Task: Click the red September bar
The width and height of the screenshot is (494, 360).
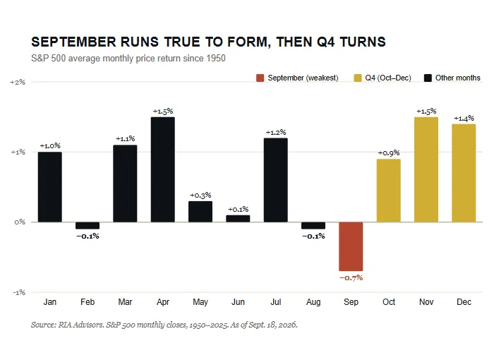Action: (351, 246)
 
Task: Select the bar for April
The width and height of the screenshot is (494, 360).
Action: (162, 169)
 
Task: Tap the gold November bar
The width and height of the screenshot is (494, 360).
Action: (426, 169)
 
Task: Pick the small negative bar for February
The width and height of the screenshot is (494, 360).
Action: (88, 225)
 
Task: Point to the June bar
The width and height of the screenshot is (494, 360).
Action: (238, 218)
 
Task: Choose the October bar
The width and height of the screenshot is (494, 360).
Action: (388, 191)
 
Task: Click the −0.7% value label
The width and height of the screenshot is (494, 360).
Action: (351, 277)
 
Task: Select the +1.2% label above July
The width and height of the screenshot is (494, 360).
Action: (276, 132)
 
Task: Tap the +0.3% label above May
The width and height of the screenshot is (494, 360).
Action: (200, 195)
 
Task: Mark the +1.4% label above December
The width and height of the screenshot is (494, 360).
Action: (464, 118)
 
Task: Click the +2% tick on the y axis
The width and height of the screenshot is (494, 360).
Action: (18, 83)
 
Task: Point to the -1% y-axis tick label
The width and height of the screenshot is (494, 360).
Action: (19, 292)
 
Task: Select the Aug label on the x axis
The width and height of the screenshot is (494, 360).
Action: (313, 302)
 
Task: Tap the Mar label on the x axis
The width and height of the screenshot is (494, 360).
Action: (125, 302)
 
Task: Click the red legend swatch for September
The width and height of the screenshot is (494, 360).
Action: (260, 78)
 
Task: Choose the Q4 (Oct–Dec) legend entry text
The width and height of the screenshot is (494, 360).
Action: (388, 78)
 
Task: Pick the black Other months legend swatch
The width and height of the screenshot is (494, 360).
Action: (428, 78)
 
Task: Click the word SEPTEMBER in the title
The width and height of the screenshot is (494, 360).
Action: (73, 42)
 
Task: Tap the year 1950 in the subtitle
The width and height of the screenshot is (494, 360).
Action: (216, 59)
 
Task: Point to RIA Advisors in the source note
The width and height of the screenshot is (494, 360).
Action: (81, 325)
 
